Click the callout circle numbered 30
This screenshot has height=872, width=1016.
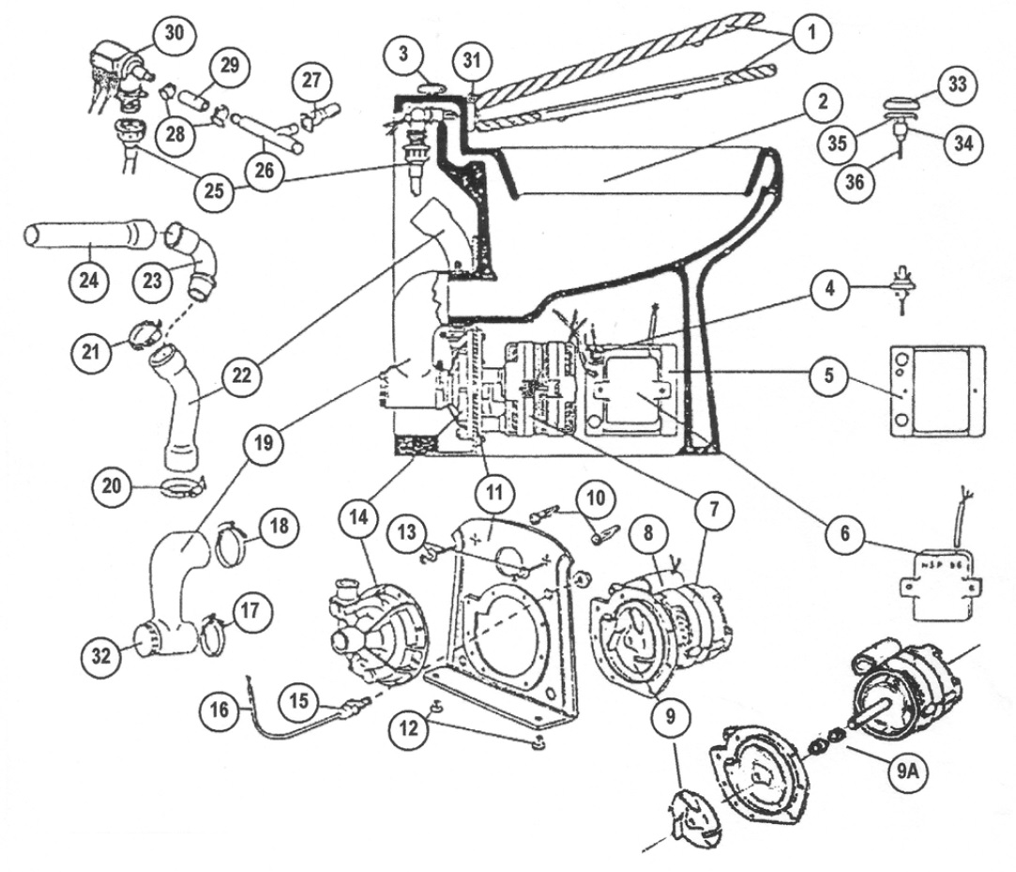pos(174,35)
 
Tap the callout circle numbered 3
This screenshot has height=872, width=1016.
pos(404,54)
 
